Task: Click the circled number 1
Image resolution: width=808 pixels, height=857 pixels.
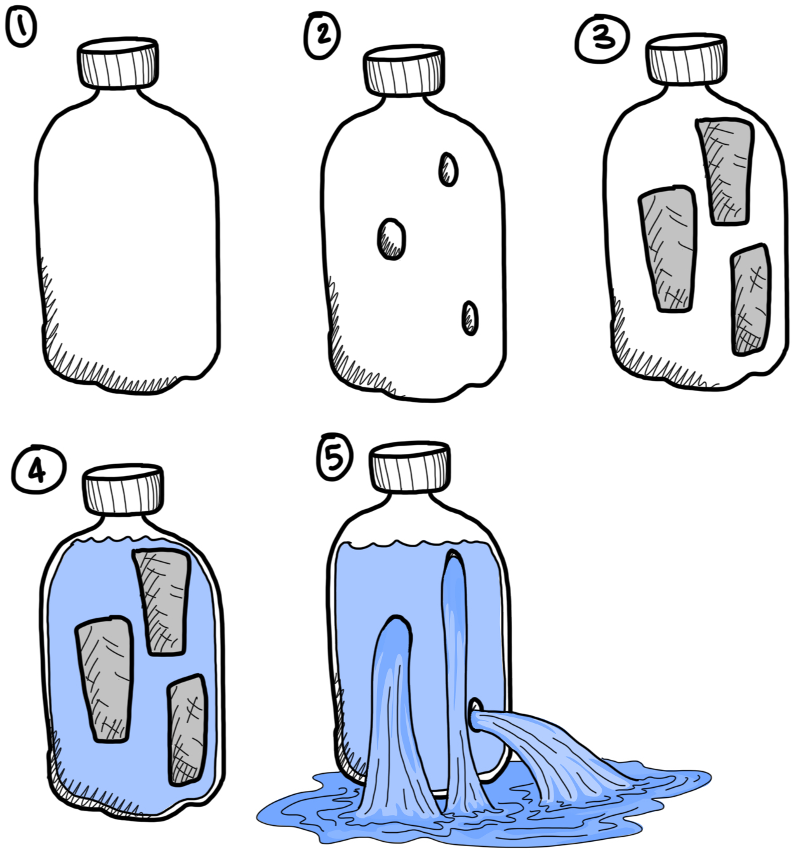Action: [x=21, y=28]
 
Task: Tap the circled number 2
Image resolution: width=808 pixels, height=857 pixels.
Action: [x=322, y=34]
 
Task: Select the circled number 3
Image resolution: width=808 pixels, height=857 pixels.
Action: [x=602, y=38]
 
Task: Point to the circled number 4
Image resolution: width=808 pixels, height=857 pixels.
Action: [x=39, y=470]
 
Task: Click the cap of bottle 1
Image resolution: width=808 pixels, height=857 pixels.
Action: [x=118, y=63]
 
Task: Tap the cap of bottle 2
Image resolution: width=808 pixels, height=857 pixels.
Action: [x=404, y=70]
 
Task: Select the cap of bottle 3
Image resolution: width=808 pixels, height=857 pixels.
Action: [x=687, y=59]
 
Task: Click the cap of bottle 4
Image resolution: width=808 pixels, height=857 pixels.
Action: [x=123, y=490]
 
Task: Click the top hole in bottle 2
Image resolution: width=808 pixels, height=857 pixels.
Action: [x=449, y=169]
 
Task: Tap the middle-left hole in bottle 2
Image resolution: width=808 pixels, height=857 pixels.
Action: [x=392, y=239]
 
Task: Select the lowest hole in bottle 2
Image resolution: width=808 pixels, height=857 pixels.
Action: [x=470, y=318]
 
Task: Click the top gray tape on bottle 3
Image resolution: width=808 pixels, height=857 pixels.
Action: [x=726, y=171]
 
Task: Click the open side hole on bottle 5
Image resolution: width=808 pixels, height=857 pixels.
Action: [x=475, y=715]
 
